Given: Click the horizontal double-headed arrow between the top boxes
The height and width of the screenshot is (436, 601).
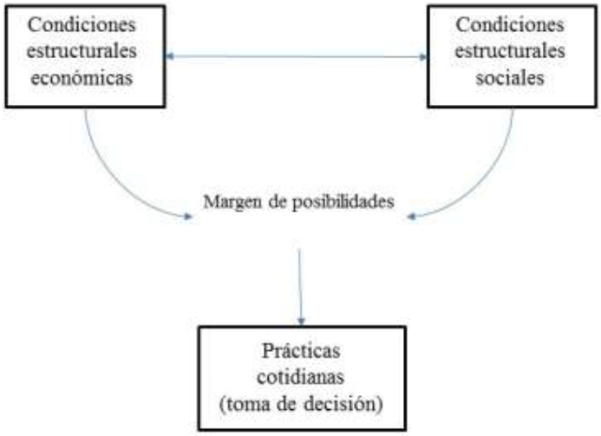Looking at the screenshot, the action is [298, 58].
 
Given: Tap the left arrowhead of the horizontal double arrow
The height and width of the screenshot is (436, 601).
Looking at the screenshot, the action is [172, 58].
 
